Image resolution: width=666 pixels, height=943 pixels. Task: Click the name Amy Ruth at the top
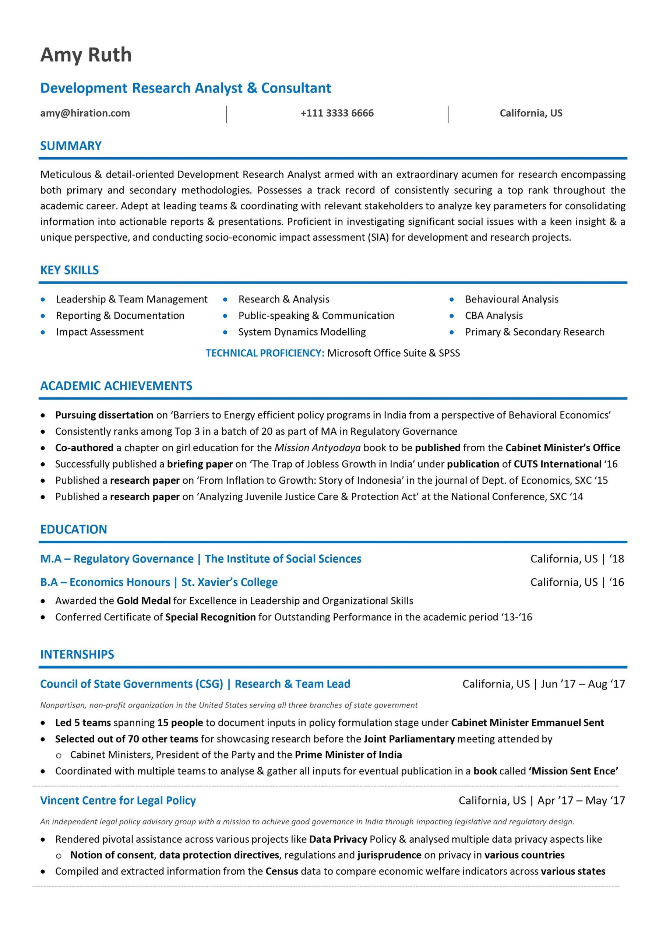pyautogui.click(x=86, y=55)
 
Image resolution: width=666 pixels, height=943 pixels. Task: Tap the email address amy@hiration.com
pyautogui.click(x=85, y=113)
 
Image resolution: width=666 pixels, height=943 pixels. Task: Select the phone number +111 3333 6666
pyautogui.click(x=337, y=113)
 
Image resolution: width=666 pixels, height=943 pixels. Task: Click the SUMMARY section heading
pyautogui.click(x=71, y=146)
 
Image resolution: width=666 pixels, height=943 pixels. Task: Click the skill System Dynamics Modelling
pyautogui.click(x=302, y=332)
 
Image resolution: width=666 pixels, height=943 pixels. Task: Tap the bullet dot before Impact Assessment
pyautogui.click(x=43, y=332)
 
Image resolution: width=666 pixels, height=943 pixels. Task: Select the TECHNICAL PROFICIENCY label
pyautogui.click(x=265, y=353)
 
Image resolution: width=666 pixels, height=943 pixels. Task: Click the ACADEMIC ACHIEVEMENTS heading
pyautogui.click(x=116, y=386)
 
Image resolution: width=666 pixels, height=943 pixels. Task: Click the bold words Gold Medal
pyautogui.click(x=143, y=601)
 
